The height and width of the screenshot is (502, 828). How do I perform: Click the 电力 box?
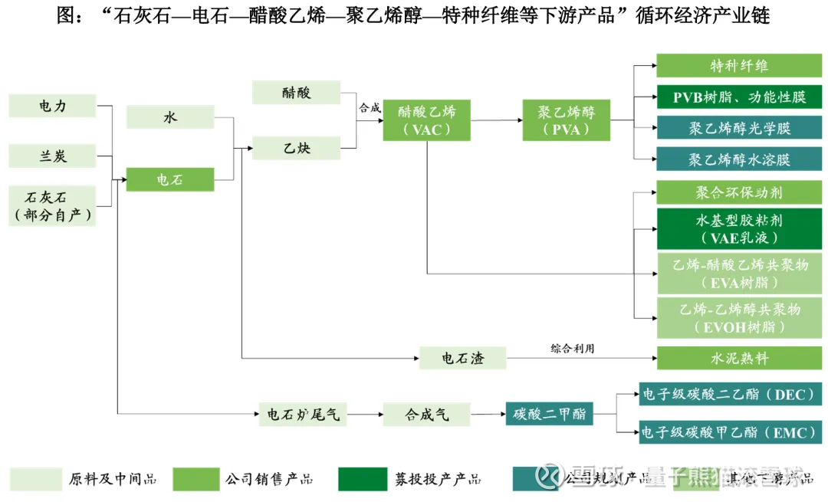[53, 106]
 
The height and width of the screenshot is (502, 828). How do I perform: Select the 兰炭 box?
[53, 156]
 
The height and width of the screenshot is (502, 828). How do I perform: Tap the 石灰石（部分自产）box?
[53, 205]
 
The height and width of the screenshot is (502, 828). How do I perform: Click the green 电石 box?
[169, 179]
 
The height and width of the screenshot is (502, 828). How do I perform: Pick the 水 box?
[169, 117]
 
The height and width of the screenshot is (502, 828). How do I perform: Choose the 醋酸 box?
[296, 93]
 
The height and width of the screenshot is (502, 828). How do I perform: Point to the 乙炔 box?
[296, 147]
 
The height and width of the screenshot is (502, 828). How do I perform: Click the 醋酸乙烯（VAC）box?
[426, 120]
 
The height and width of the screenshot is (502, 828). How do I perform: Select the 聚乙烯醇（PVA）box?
[566, 120]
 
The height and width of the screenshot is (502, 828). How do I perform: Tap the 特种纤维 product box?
[738, 66]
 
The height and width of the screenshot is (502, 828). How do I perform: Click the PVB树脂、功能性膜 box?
[738, 97]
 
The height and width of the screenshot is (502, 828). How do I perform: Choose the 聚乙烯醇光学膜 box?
[738, 128]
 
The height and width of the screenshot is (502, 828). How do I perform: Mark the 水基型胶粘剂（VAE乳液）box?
[738, 228]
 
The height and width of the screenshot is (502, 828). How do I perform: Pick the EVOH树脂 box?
[738, 318]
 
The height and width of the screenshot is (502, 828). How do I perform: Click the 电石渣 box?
[462, 358]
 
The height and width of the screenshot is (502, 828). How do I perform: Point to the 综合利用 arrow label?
[572, 349]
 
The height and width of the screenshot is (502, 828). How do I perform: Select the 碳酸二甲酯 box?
[549, 415]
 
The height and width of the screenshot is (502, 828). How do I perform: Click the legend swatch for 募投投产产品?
[363, 479]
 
